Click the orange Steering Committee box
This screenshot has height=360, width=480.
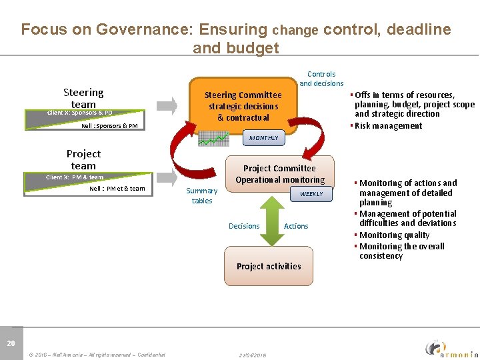point(243,106)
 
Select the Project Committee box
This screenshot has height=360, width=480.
point(279,174)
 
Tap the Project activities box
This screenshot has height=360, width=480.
point(269,266)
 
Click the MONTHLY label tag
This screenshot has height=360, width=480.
point(263,138)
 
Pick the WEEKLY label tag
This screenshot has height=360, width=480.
point(311,194)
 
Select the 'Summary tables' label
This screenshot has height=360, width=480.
point(201,195)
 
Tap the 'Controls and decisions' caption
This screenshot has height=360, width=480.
point(321,79)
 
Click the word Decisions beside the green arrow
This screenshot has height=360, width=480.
point(244,226)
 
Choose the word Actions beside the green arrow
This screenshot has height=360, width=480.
point(296,226)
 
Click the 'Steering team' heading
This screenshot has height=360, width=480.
point(83,98)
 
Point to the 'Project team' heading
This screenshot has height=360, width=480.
point(83,159)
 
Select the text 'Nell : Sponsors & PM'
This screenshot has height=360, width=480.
point(109,125)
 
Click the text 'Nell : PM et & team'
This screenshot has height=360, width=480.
point(117,189)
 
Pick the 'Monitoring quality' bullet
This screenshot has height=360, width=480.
point(394,235)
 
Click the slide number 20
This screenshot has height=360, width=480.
point(11,343)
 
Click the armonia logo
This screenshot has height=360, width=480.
point(451,347)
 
